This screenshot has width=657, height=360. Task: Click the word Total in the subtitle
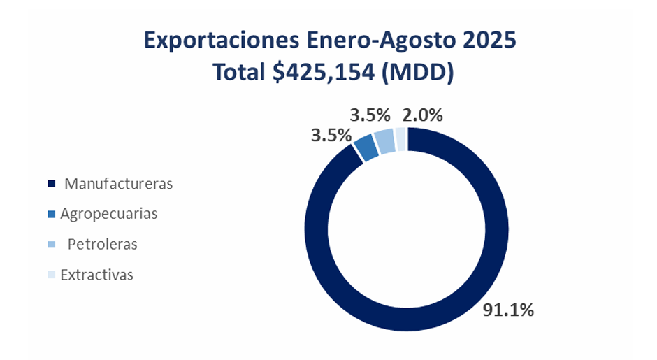[x=240, y=72]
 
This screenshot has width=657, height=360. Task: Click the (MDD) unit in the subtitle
[x=418, y=72]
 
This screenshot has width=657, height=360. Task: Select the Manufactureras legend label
[x=118, y=184]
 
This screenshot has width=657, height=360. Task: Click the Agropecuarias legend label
[x=109, y=214]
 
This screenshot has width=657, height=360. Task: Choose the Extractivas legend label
[x=96, y=275]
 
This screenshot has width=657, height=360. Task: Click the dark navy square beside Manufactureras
[x=51, y=185]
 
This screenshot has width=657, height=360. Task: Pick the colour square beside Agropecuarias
[x=51, y=215]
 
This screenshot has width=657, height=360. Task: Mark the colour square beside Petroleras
[x=51, y=245]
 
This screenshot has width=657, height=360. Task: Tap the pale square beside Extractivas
[x=51, y=275]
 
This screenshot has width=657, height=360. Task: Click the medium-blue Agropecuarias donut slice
[x=366, y=147]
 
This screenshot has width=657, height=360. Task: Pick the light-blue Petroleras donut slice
[x=384, y=141]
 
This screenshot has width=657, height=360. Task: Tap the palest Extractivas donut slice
[x=400, y=138]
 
